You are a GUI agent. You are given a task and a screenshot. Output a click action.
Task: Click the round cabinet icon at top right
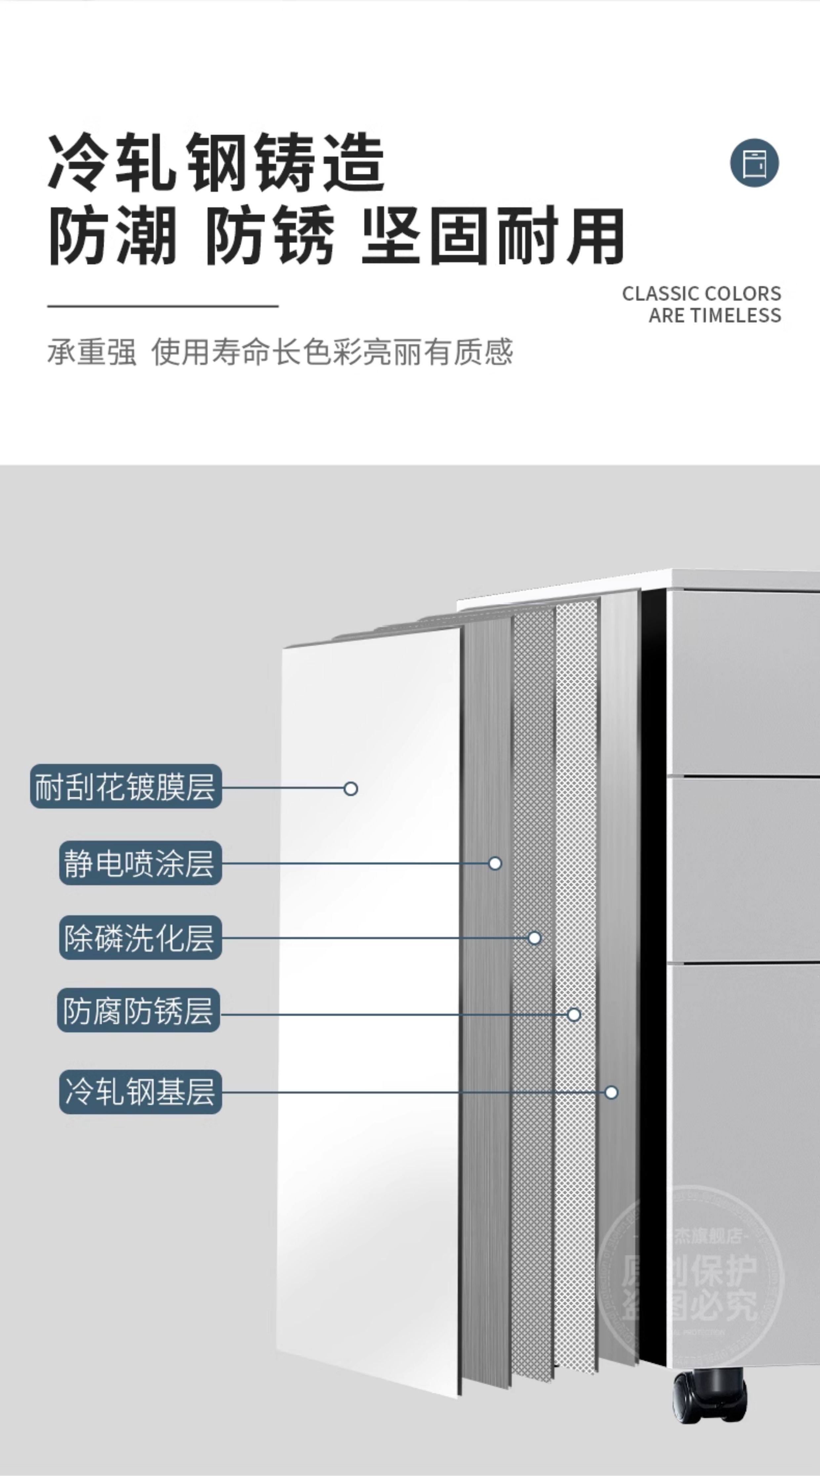click(754, 163)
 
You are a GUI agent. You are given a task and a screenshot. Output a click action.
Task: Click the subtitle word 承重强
click(92, 352)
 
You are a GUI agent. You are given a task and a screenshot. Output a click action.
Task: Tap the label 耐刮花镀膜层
click(126, 787)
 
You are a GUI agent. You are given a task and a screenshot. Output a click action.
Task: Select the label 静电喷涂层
click(140, 863)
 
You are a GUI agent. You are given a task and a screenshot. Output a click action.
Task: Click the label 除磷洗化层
click(140, 938)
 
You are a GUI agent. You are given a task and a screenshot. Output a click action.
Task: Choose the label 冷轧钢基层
click(140, 1091)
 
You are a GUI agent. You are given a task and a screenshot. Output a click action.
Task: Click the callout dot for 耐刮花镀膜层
click(351, 789)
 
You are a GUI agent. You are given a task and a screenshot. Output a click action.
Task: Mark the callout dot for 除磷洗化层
click(534, 938)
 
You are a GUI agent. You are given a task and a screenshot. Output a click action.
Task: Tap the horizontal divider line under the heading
click(163, 306)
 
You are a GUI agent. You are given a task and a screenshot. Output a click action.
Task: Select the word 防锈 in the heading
click(269, 236)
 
